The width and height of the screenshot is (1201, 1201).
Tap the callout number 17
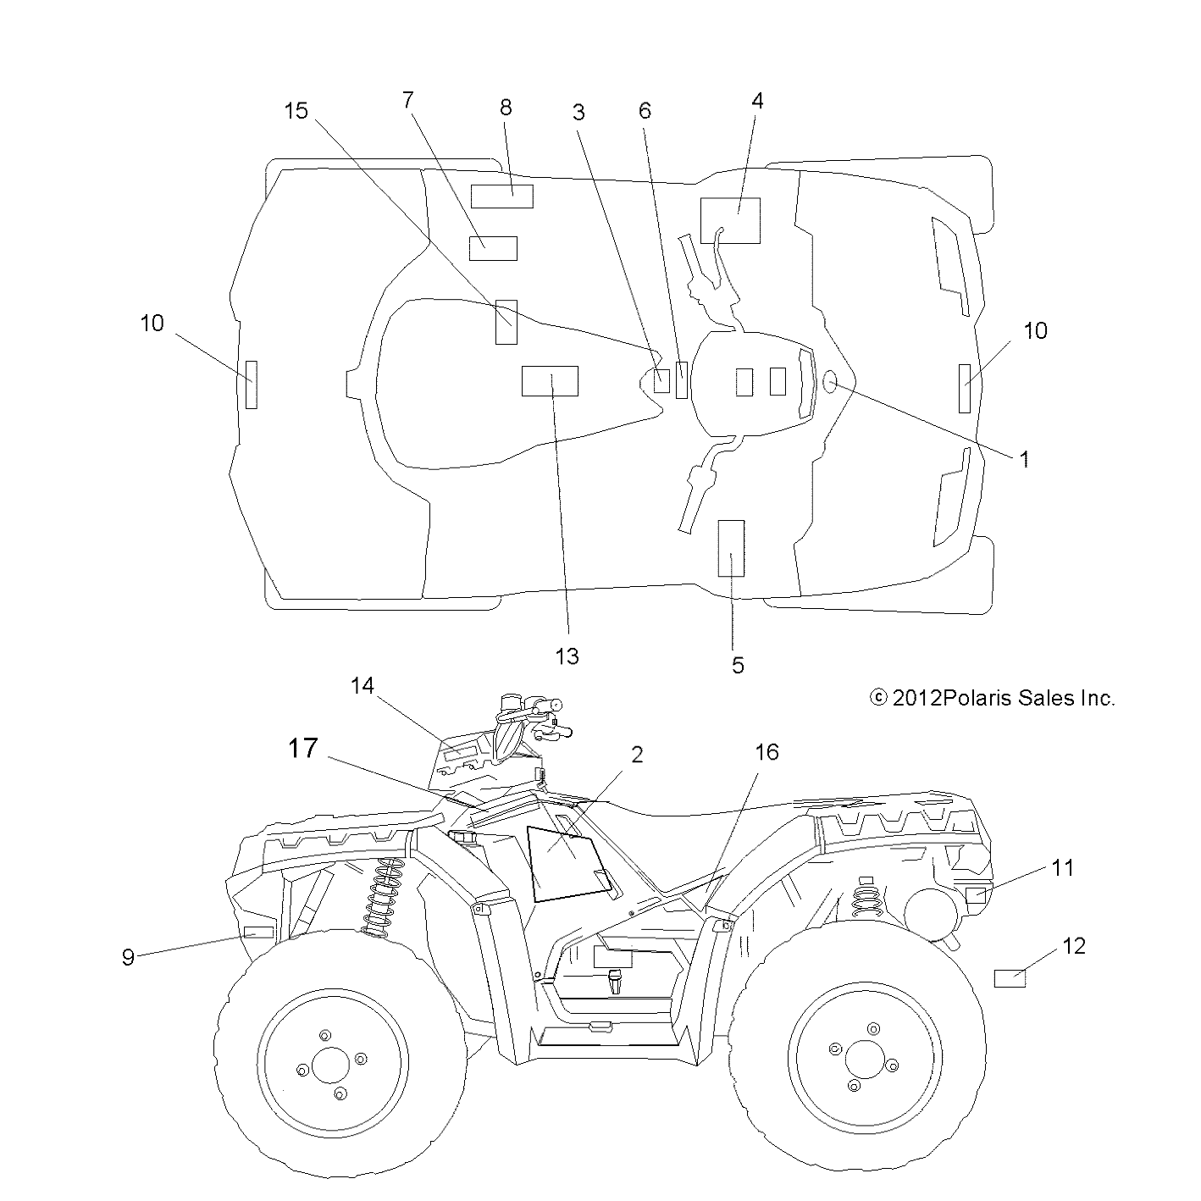[x=302, y=748]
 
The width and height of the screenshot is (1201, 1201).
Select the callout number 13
[x=567, y=656]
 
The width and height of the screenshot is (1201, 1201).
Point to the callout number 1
[x=1023, y=459]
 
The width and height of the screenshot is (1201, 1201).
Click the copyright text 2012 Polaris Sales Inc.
[x=992, y=698]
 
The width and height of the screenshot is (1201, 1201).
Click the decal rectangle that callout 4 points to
[x=730, y=220]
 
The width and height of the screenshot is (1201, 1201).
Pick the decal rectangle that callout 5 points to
[x=731, y=548]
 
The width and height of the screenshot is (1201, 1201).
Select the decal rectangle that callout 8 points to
[x=501, y=196]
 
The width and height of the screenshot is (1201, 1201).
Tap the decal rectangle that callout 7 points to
[x=493, y=248]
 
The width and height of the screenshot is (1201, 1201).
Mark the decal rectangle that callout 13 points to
[x=550, y=381]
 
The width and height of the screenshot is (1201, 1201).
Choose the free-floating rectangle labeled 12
[x=1009, y=979]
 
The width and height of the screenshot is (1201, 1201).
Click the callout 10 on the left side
[x=152, y=324]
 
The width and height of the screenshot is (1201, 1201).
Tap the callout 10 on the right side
[x=1035, y=330]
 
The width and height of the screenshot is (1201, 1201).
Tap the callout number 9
[x=128, y=957]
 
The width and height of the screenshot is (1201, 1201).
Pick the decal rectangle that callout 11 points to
[x=977, y=894]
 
